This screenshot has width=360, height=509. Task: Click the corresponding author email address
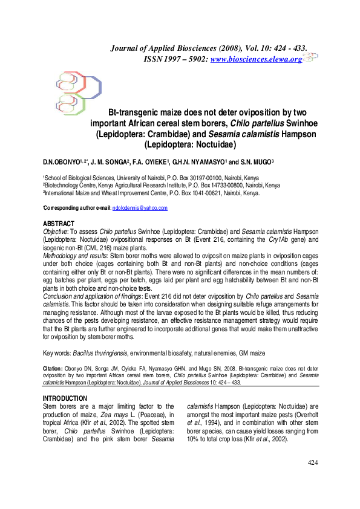tap(140, 208)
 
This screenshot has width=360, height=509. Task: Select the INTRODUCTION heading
tap(65, 398)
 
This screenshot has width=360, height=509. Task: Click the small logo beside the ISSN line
tap(310, 57)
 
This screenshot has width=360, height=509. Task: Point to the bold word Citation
tap(54, 367)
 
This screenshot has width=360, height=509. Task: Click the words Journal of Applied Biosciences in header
tap(167, 47)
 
